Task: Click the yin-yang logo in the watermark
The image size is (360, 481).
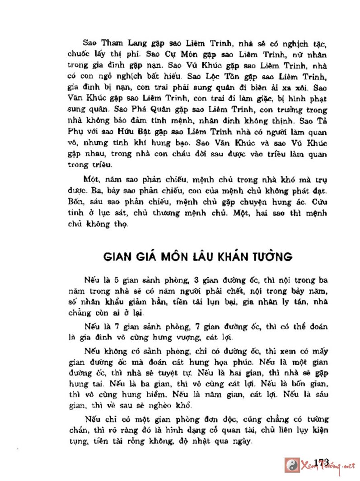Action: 292,465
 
